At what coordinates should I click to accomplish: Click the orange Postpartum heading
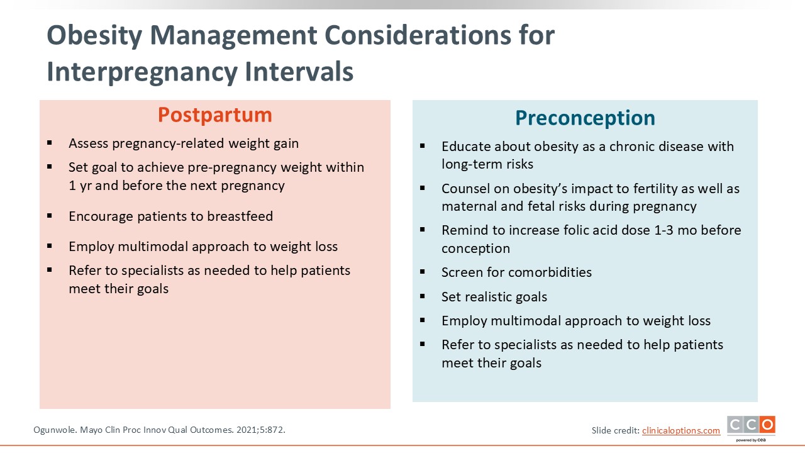(x=215, y=115)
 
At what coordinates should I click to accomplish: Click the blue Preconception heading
(x=585, y=118)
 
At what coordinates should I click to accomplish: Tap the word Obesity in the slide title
(x=94, y=36)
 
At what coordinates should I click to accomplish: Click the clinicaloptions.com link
(x=681, y=430)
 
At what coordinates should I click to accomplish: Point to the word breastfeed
(x=240, y=216)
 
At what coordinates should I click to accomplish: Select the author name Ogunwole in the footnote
(x=55, y=430)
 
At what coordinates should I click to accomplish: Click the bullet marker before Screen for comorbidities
(x=422, y=272)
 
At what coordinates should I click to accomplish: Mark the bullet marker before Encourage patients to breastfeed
(x=49, y=216)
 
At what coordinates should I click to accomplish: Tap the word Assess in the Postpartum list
(x=89, y=143)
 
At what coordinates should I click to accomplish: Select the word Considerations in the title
(x=418, y=36)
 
